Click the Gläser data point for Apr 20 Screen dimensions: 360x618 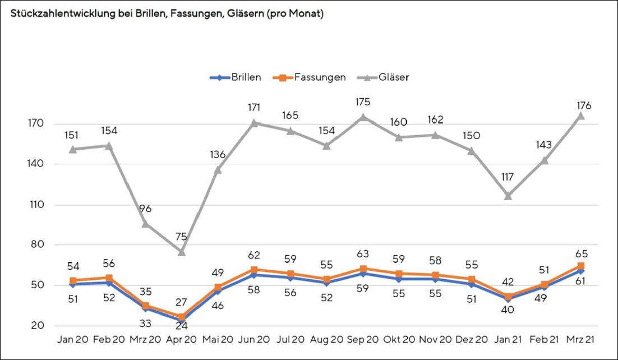[x=182, y=252]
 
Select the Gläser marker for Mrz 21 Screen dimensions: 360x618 [x=581, y=116]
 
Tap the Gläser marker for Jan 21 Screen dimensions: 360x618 [x=509, y=196]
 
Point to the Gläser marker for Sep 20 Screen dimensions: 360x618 [x=363, y=117]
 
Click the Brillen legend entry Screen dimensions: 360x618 [x=236, y=77]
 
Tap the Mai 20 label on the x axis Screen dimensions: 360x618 [x=218, y=340]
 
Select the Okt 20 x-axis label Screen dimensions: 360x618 [x=399, y=340]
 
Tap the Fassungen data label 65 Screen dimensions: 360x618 [x=581, y=253]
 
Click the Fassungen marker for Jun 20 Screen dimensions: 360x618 [x=255, y=270]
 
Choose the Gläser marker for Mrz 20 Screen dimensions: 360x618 [x=146, y=224]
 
